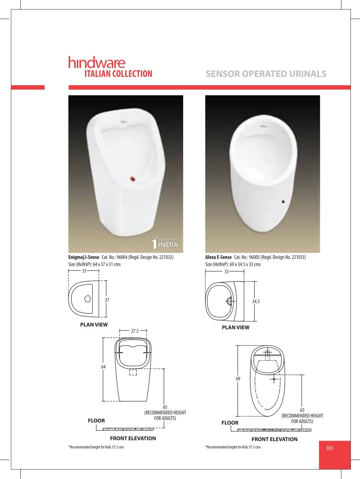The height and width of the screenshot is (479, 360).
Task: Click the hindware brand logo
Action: tap(97, 63)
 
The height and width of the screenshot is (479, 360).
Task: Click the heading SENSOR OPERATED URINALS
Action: tap(266, 74)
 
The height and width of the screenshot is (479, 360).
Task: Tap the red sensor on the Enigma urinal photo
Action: tap(133, 179)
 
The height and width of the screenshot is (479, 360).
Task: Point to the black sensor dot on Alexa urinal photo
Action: tap(283, 202)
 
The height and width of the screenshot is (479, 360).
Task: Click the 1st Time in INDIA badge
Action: tap(165, 243)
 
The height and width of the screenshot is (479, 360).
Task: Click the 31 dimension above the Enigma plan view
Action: tap(84, 271)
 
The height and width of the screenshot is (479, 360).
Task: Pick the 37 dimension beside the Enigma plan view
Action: tap(107, 300)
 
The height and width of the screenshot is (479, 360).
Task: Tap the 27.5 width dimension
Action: tap(135, 331)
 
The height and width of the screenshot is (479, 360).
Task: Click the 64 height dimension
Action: tap(103, 367)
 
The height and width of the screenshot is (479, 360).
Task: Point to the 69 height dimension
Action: tap(238, 379)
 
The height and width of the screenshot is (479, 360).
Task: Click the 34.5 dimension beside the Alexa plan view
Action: tap(256, 301)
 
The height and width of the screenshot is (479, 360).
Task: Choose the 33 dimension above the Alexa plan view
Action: tap(226, 272)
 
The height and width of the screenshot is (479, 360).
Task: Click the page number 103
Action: tap(329, 448)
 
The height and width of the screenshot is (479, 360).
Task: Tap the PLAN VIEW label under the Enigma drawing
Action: tap(94, 325)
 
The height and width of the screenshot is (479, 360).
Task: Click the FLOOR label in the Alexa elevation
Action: tap(230, 423)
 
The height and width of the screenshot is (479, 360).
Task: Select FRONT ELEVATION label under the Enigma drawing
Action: tap(133, 438)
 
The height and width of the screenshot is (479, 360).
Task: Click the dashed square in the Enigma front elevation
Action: tap(133, 372)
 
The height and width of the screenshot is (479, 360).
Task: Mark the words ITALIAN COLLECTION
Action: tap(118, 74)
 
